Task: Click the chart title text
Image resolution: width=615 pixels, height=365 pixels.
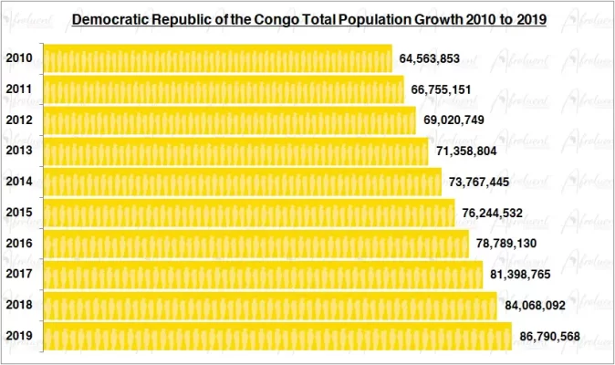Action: click(308, 18)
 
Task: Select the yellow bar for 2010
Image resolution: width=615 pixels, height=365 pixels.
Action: click(218, 59)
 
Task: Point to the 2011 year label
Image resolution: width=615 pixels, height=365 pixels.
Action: click(20, 90)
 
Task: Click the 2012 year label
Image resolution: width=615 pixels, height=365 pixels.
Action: click(20, 120)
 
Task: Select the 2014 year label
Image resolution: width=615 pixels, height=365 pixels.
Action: click(20, 182)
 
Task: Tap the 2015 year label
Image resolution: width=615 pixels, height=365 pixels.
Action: click(20, 213)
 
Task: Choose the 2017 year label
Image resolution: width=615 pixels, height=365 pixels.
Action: click(20, 274)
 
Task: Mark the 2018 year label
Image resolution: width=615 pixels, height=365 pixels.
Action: click(20, 306)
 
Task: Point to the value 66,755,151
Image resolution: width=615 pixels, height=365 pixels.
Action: click(441, 90)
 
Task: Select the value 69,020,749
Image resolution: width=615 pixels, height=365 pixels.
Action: click(453, 120)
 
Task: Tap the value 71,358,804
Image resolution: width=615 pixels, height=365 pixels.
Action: click(466, 151)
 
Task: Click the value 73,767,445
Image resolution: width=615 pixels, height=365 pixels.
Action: click(479, 182)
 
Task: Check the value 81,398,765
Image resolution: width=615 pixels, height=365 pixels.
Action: click(520, 275)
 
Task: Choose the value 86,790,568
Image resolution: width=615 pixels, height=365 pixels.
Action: click(549, 337)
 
